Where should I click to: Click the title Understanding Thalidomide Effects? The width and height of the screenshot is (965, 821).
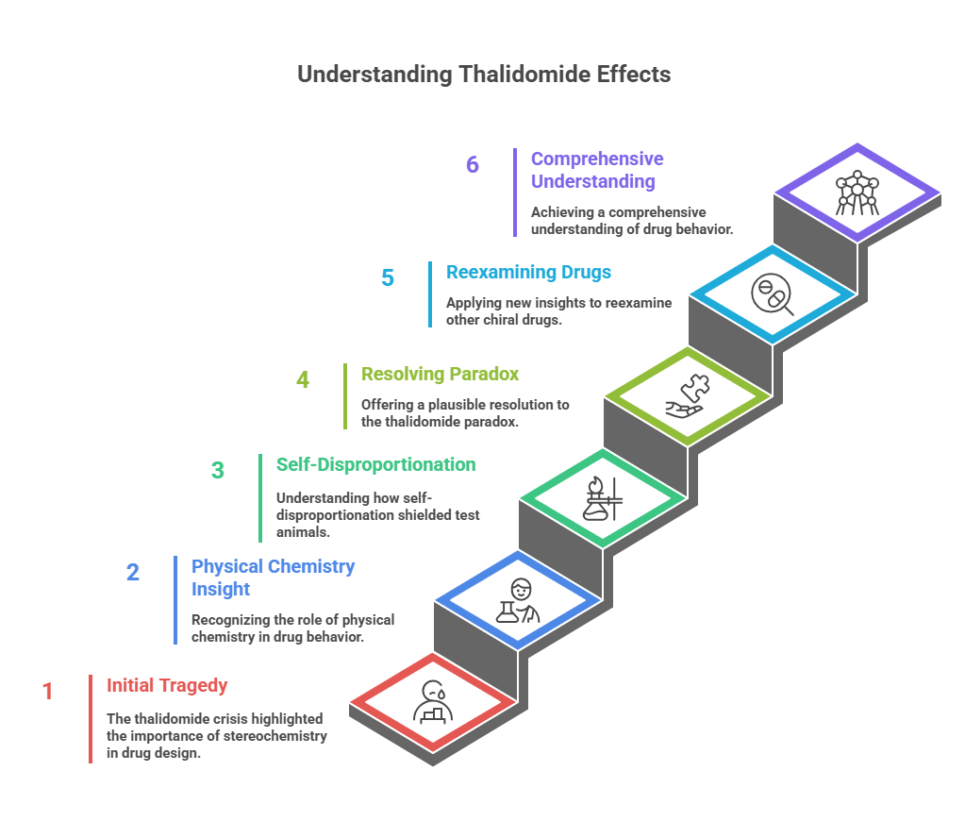pos(484,74)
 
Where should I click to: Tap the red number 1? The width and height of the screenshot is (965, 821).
pos(47,691)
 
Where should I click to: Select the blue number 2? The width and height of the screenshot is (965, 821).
pos(133,572)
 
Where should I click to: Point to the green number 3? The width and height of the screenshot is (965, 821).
pos(218,471)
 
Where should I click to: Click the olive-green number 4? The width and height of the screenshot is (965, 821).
pos(303,379)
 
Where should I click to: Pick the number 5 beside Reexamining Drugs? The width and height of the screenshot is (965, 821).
pos(388,277)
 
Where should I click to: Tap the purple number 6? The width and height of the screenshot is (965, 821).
pos(473,164)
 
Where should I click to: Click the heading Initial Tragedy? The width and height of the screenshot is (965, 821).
pos(167,685)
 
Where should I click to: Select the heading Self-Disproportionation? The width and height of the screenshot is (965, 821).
pos(375,464)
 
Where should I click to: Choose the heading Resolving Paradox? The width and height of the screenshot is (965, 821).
pos(440,374)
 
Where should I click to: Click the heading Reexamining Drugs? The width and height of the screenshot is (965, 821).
pos(528,272)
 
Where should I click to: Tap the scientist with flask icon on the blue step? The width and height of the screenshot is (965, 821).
pos(518,600)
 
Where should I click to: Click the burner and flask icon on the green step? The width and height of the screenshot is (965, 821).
pos(603,499)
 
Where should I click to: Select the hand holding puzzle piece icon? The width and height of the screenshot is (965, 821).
pos(688,396)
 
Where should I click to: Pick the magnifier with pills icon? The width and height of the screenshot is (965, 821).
pos(773,294)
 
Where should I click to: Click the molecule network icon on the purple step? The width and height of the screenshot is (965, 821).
pos(857,193)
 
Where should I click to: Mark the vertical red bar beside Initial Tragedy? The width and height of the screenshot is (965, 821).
pos(91,719)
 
